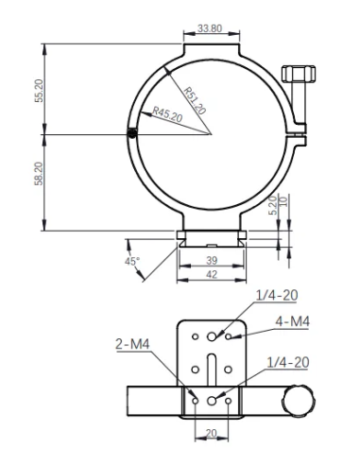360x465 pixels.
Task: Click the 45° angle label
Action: [x=131, y=260]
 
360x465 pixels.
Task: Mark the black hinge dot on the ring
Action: [x=132, y=133]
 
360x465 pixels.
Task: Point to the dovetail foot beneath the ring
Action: [x=213, y=240]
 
